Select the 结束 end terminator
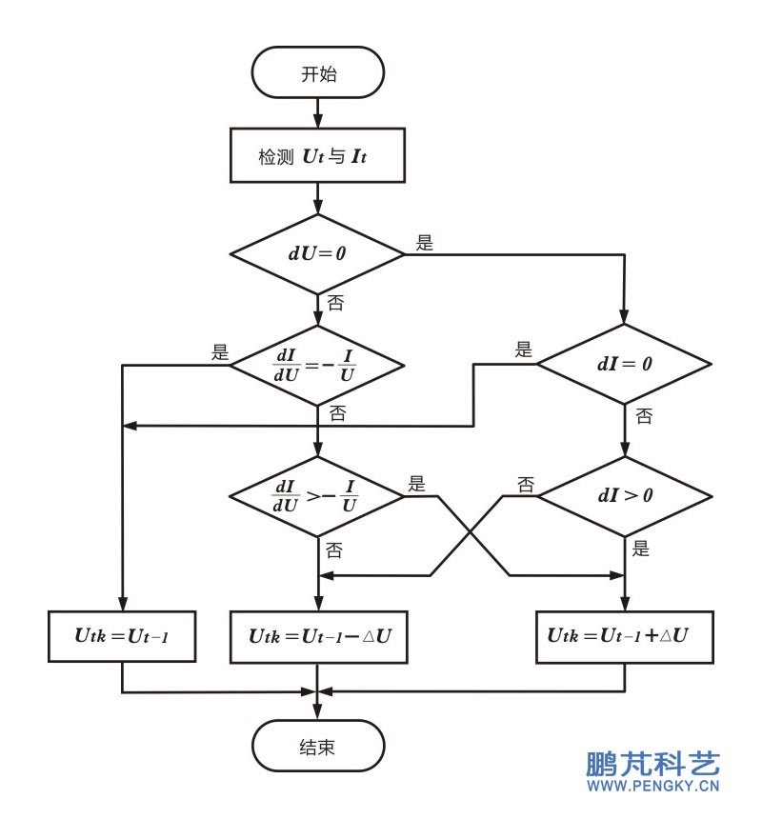coord(317,746)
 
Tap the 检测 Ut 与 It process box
coord(317,155)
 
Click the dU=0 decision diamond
coord(317,254)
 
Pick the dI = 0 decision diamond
coord(624,364)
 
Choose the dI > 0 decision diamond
coord(624,496)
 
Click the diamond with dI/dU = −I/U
coord(317,364)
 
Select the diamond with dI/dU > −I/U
coord(317,496)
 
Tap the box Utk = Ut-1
coord(122,636)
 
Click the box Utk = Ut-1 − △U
coord(317,636)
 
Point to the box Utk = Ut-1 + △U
coord(624,636)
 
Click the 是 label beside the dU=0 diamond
coord(424,243)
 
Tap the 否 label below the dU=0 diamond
coord(335,304)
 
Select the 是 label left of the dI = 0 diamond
coord(524,350)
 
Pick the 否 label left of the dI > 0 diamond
coord(525,484)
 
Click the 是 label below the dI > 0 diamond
coord(641,549)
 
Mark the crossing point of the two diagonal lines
coord(471,535)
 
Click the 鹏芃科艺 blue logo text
coord(652,764)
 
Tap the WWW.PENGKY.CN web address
coord(652,788)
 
